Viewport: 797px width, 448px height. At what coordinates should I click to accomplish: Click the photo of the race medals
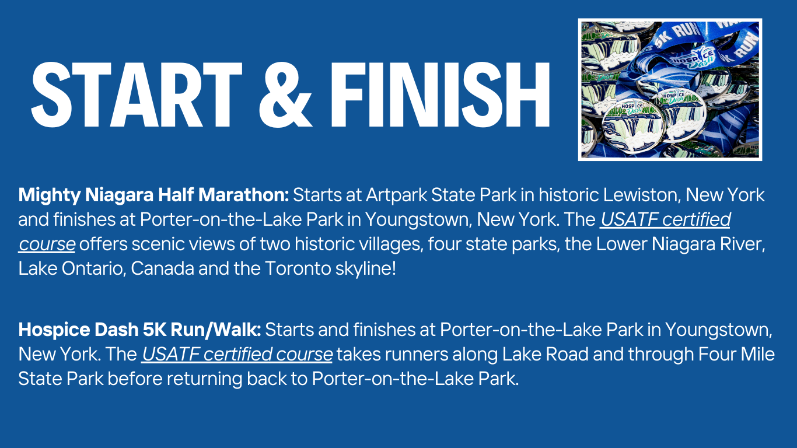(x=670, y=89)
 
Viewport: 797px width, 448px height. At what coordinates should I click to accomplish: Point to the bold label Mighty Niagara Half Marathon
(x=153, y=194)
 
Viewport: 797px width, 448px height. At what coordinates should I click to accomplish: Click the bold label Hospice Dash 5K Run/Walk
(x=139, y=330)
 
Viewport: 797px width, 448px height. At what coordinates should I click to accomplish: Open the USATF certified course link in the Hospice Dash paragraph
(x=237, y=354)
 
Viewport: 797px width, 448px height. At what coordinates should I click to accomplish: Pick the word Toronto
(x=298, y=269)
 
